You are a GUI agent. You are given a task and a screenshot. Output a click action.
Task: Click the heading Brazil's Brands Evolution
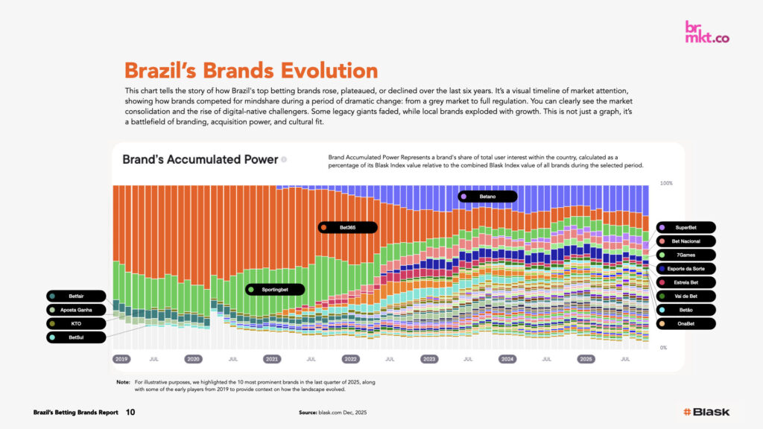(250, 71)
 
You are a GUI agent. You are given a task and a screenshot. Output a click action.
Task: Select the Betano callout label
(487, 197)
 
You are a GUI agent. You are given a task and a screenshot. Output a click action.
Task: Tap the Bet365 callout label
(348, 227)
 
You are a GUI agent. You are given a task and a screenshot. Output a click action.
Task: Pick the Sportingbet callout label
(275, 289)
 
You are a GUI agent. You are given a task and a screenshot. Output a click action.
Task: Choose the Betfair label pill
(75, 296)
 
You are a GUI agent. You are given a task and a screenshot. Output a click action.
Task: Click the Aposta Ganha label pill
(75, 310)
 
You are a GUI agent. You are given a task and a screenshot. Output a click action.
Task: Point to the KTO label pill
(75, 324)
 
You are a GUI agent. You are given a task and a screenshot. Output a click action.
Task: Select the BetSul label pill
(75, 337)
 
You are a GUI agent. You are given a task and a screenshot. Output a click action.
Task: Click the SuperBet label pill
(686, 227)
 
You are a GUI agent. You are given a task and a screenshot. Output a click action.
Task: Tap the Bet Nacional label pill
(686, 241)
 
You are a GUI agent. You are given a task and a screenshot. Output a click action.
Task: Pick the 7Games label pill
(686, 255)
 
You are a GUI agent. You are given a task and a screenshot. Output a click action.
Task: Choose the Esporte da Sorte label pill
(686, 268)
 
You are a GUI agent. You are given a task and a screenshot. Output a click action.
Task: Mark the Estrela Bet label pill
(686, 282)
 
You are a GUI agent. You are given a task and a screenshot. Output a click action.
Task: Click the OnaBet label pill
(686, 323)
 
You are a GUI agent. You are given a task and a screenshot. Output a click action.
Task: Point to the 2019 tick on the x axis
(121, 359)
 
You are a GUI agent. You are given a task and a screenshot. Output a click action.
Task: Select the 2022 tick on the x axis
(350, 359)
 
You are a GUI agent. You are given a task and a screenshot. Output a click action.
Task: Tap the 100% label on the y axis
(666, 183)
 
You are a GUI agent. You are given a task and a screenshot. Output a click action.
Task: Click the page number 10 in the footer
(130, 412)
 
